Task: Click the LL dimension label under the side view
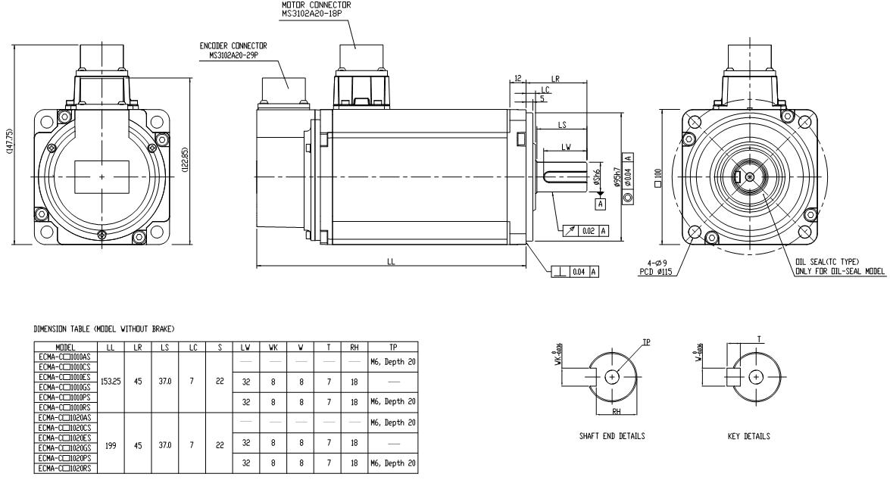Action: [x=391, y=261]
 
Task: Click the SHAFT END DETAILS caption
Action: [x=606, y=436]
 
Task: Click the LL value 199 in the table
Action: [x=112, y=447]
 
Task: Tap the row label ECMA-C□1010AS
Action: [x=64, y=355]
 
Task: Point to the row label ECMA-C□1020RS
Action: [x=64, y=469]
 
